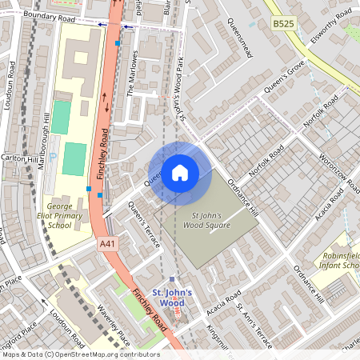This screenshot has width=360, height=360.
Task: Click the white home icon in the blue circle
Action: tap(180, 172)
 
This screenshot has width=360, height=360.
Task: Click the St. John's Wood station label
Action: tap(173, 298)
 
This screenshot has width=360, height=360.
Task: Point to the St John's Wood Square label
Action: tap(210, 220)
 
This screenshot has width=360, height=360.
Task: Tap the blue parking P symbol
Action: tap(54, 158)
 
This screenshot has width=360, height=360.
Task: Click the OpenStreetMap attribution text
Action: tap(80, 354)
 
